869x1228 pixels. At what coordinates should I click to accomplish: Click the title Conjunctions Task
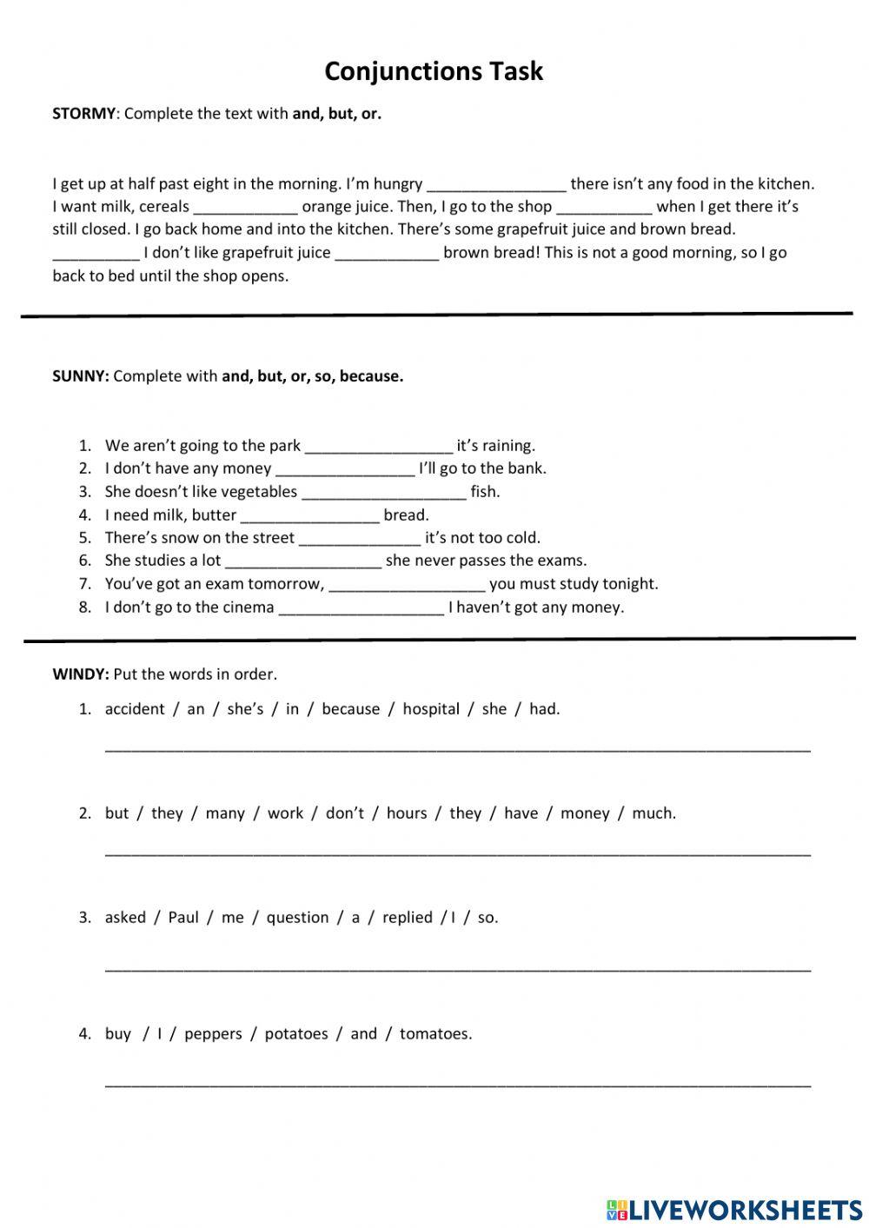(x=434, y=71)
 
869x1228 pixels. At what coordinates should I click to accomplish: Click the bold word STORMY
(x=83, y=114)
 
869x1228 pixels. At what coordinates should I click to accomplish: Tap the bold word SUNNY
(x=80, y=376)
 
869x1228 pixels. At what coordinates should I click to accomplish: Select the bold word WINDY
(x=80, y=674)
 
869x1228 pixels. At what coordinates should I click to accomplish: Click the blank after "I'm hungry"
(x=496, y=185)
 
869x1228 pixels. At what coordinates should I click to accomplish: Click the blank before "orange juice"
(x=245, y=208)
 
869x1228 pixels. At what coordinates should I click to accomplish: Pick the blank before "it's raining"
(x=379, y=447)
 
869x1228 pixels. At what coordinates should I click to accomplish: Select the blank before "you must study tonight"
(x=407, y=585)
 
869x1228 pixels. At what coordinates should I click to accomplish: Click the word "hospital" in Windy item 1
(x=431, y=709)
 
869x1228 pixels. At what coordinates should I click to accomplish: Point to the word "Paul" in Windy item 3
(x=183, y=918)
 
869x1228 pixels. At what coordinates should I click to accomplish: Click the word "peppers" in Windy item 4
(x=213, y=1034)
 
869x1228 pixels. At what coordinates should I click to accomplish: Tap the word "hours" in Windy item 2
(x=407, y=813)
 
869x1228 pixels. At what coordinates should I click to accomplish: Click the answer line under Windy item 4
(x=457, y=1084)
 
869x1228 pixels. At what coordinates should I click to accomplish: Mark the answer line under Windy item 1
(x=457, y=747)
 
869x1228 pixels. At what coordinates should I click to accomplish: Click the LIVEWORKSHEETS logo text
(x=745, y=1209)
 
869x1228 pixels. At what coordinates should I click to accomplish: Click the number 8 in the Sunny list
(x=85, y=607)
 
